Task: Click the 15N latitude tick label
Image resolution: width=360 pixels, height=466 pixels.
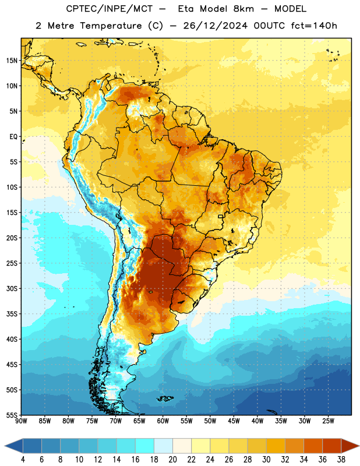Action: point(12,61)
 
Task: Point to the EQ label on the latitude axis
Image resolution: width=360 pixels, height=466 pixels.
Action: point(13,137)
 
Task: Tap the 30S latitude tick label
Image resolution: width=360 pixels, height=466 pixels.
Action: point(12,288)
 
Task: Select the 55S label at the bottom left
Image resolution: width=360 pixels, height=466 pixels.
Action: point(12,415)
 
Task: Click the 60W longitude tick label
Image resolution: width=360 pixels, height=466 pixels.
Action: point(163,421)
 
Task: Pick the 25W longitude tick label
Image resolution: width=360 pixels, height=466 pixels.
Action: point(328,421)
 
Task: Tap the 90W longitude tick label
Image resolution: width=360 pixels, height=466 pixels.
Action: point(21,421)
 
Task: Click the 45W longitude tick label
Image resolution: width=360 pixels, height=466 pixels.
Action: point(234,421)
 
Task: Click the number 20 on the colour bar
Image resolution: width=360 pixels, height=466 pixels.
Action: point(172,460)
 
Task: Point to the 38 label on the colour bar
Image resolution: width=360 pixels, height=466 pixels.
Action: point(341,460)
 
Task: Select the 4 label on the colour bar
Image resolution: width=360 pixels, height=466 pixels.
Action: point(23,460)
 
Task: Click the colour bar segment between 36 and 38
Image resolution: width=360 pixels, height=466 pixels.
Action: point(332,446)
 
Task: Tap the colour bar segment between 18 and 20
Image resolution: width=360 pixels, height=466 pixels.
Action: point(163,446)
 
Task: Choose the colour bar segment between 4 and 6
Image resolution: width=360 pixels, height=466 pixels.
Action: point(32,446)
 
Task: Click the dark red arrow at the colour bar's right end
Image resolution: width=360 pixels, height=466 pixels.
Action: point(349,446)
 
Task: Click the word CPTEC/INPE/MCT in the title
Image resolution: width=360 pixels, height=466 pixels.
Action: point(109,9)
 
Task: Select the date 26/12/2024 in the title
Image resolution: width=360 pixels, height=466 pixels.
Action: point(215,26)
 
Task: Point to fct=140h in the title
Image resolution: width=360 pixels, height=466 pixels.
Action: point(314,26)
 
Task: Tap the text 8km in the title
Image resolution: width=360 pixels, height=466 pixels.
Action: point(243,9)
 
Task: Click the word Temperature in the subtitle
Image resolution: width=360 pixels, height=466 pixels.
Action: point(111,26)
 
